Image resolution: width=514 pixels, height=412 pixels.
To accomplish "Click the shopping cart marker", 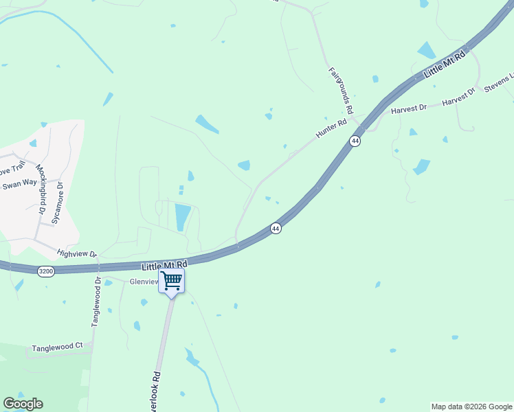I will point(171,280).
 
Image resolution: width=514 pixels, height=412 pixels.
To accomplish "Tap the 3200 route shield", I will point(46,272).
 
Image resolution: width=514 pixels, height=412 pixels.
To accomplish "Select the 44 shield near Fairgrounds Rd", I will point(355,141).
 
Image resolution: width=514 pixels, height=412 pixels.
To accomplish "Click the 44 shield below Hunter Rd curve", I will point(275,228).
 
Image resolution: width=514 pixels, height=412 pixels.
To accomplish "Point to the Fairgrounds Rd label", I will point(340,90).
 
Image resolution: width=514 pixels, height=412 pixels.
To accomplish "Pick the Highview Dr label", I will point(78,254).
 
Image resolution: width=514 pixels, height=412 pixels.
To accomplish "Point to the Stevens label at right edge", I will point(499,84).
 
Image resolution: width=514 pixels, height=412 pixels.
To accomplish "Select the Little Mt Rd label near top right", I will point(445,64).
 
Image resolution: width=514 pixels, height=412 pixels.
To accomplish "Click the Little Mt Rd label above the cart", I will point(164,265).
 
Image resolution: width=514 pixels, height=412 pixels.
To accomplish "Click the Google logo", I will point(23,404).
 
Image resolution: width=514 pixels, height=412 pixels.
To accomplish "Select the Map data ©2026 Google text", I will point(471,407).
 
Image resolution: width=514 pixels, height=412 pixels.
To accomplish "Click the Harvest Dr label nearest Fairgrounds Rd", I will point(409,108).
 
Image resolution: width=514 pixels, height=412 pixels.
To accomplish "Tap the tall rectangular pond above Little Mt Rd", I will point(182,217).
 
